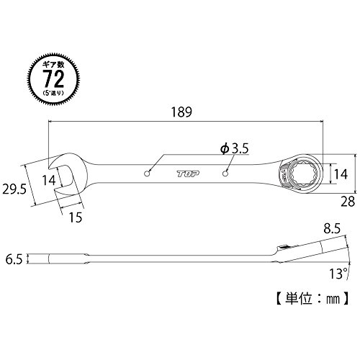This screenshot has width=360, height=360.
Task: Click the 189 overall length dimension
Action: point(181,112)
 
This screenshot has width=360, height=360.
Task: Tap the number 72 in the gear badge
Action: point(54,78)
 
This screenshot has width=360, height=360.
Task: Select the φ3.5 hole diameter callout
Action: point(235,148)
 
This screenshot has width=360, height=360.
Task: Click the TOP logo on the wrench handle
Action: point(189,174)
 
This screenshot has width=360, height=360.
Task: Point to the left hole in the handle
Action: point(148,174)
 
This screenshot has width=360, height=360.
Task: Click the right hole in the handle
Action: point(225,174)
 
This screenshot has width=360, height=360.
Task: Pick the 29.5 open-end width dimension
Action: point(14,189)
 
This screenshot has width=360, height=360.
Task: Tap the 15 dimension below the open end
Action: point(76,217)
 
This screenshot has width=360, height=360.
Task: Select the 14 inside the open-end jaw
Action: point(49,180)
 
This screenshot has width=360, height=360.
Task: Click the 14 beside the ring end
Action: point(341,174)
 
